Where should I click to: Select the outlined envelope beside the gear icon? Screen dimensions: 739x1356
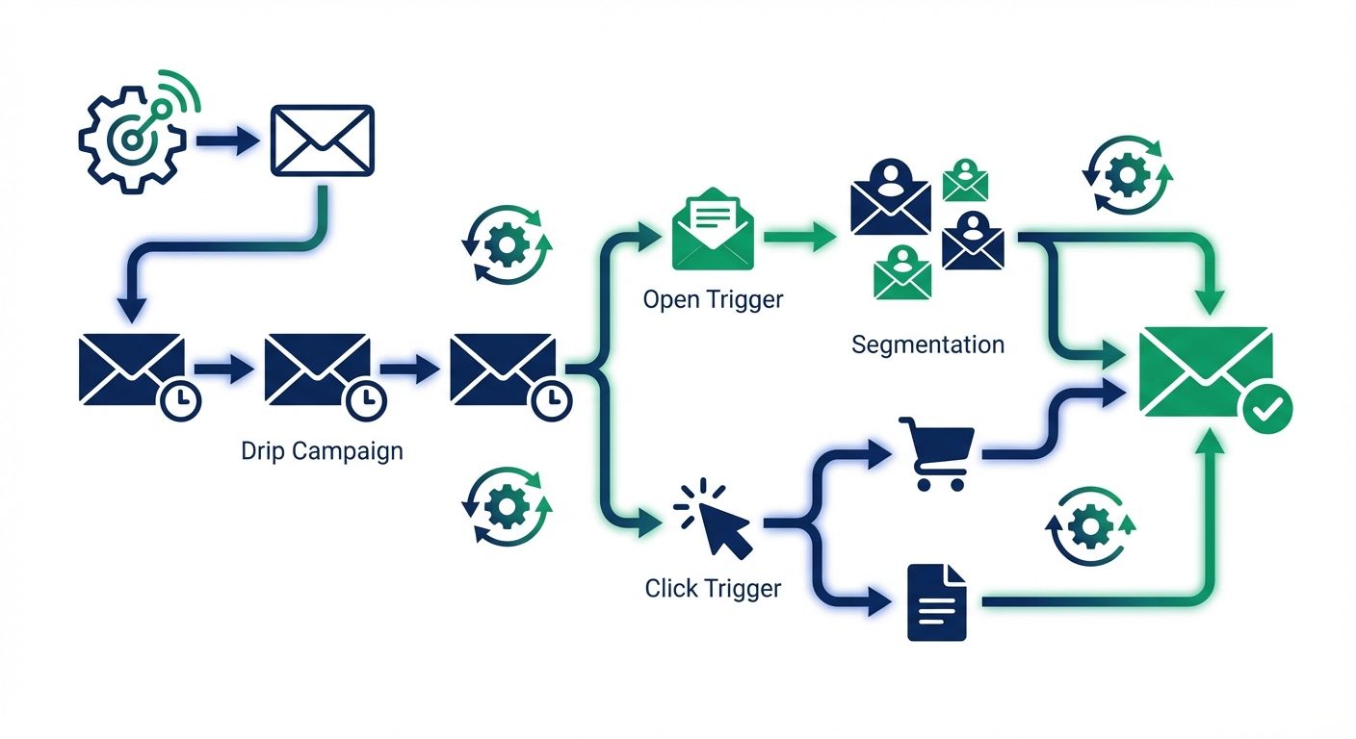322,140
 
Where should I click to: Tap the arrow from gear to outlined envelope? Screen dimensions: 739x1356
227,140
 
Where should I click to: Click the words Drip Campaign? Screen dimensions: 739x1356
322,450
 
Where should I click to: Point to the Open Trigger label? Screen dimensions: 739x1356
713,299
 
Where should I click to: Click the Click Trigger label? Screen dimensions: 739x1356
713,587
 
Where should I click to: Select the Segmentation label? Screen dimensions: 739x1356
927,344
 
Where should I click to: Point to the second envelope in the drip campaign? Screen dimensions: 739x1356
315,369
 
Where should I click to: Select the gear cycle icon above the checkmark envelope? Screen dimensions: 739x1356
1126,176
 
